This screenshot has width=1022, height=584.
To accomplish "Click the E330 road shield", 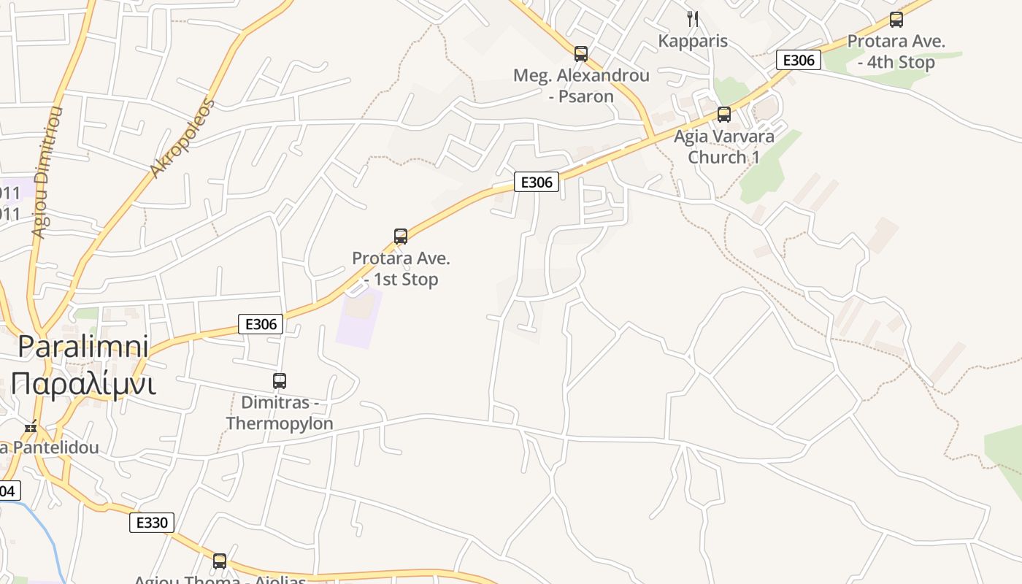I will click(152, 522).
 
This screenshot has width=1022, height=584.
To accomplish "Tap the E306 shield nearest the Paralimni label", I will click(261, 324).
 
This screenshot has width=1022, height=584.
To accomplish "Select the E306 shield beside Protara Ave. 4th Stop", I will click(798, 60).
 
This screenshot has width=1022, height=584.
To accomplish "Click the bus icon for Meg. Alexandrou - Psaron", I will click(581, 53).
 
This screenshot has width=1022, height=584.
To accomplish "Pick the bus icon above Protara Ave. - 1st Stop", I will click(401, 236).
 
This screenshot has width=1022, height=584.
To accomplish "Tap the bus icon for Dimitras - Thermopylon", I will click(280, 380).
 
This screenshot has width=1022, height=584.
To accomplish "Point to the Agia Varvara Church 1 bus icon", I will click(724, 114).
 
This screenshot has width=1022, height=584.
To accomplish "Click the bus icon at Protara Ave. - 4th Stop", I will click(896, 20).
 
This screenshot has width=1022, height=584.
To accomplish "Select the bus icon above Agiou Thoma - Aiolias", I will click(220, 561).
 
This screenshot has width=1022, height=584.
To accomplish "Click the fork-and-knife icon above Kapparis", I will click(693, 18).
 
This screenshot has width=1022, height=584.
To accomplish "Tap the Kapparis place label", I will click(693, 41).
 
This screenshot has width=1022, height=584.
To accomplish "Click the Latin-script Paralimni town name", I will click(83, 346).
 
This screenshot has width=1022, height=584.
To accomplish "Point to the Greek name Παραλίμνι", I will click(83, 383).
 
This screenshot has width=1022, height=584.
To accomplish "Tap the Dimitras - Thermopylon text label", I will click(280, 413).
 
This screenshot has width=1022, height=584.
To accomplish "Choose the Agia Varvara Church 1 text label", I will click(724, 146).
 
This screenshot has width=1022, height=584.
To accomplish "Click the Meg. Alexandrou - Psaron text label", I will click(581, 85).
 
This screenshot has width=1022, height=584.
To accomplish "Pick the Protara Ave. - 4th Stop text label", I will click(896, 52).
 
